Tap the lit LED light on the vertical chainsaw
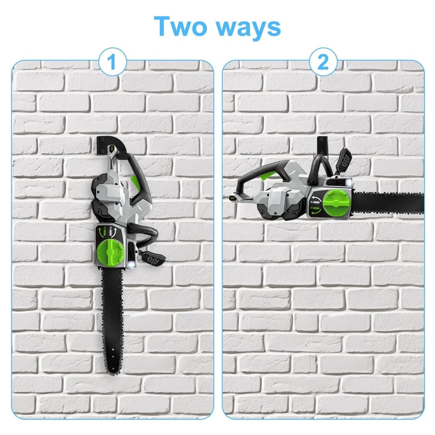point(134,264)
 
